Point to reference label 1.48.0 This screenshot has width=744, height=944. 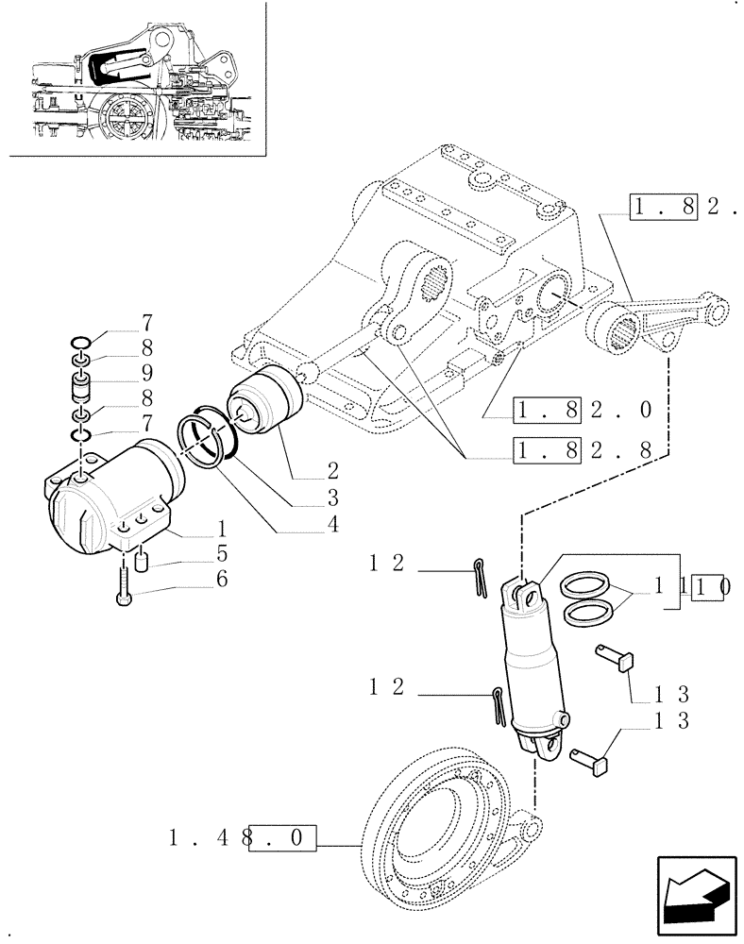242,837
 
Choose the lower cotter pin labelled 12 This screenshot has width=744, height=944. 498,704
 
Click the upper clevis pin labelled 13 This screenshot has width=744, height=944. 614,658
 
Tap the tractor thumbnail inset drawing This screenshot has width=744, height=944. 133,79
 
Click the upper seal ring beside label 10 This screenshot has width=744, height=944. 585,589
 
